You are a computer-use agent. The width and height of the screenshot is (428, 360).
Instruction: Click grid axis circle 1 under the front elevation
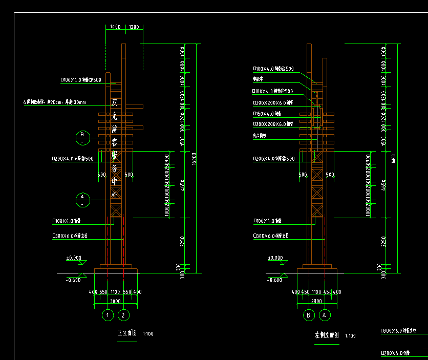click(x=108, y=315)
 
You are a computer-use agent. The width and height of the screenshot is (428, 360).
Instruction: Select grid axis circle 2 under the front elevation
click(x=124, y=315)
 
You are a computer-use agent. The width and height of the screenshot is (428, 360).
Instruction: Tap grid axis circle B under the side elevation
click(x=309, y=315)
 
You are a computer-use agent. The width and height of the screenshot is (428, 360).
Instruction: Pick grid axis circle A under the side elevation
click(x=325, y=315)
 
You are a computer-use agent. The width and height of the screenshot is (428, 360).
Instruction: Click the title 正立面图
click(x=127, y=333)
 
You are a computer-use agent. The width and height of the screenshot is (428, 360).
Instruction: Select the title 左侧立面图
click(x=327, y=335)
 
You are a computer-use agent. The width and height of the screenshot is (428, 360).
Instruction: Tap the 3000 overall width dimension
click(x=115, y=301)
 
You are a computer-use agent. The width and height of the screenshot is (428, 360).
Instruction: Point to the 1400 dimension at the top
click(x=115, y=27)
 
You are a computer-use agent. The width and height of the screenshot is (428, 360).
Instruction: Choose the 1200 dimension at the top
click(x=133, y=27)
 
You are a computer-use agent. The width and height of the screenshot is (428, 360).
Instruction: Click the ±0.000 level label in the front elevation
click(x=74, y=258)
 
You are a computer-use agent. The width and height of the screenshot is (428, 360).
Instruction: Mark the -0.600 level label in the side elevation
click(x=275, y=280)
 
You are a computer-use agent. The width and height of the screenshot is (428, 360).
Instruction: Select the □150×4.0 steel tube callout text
click(x=267, y=113)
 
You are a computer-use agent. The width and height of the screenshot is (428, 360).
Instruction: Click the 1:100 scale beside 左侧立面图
click(x=351, y=336)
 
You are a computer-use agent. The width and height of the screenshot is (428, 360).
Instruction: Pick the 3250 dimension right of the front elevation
click(x=182, y=241)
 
